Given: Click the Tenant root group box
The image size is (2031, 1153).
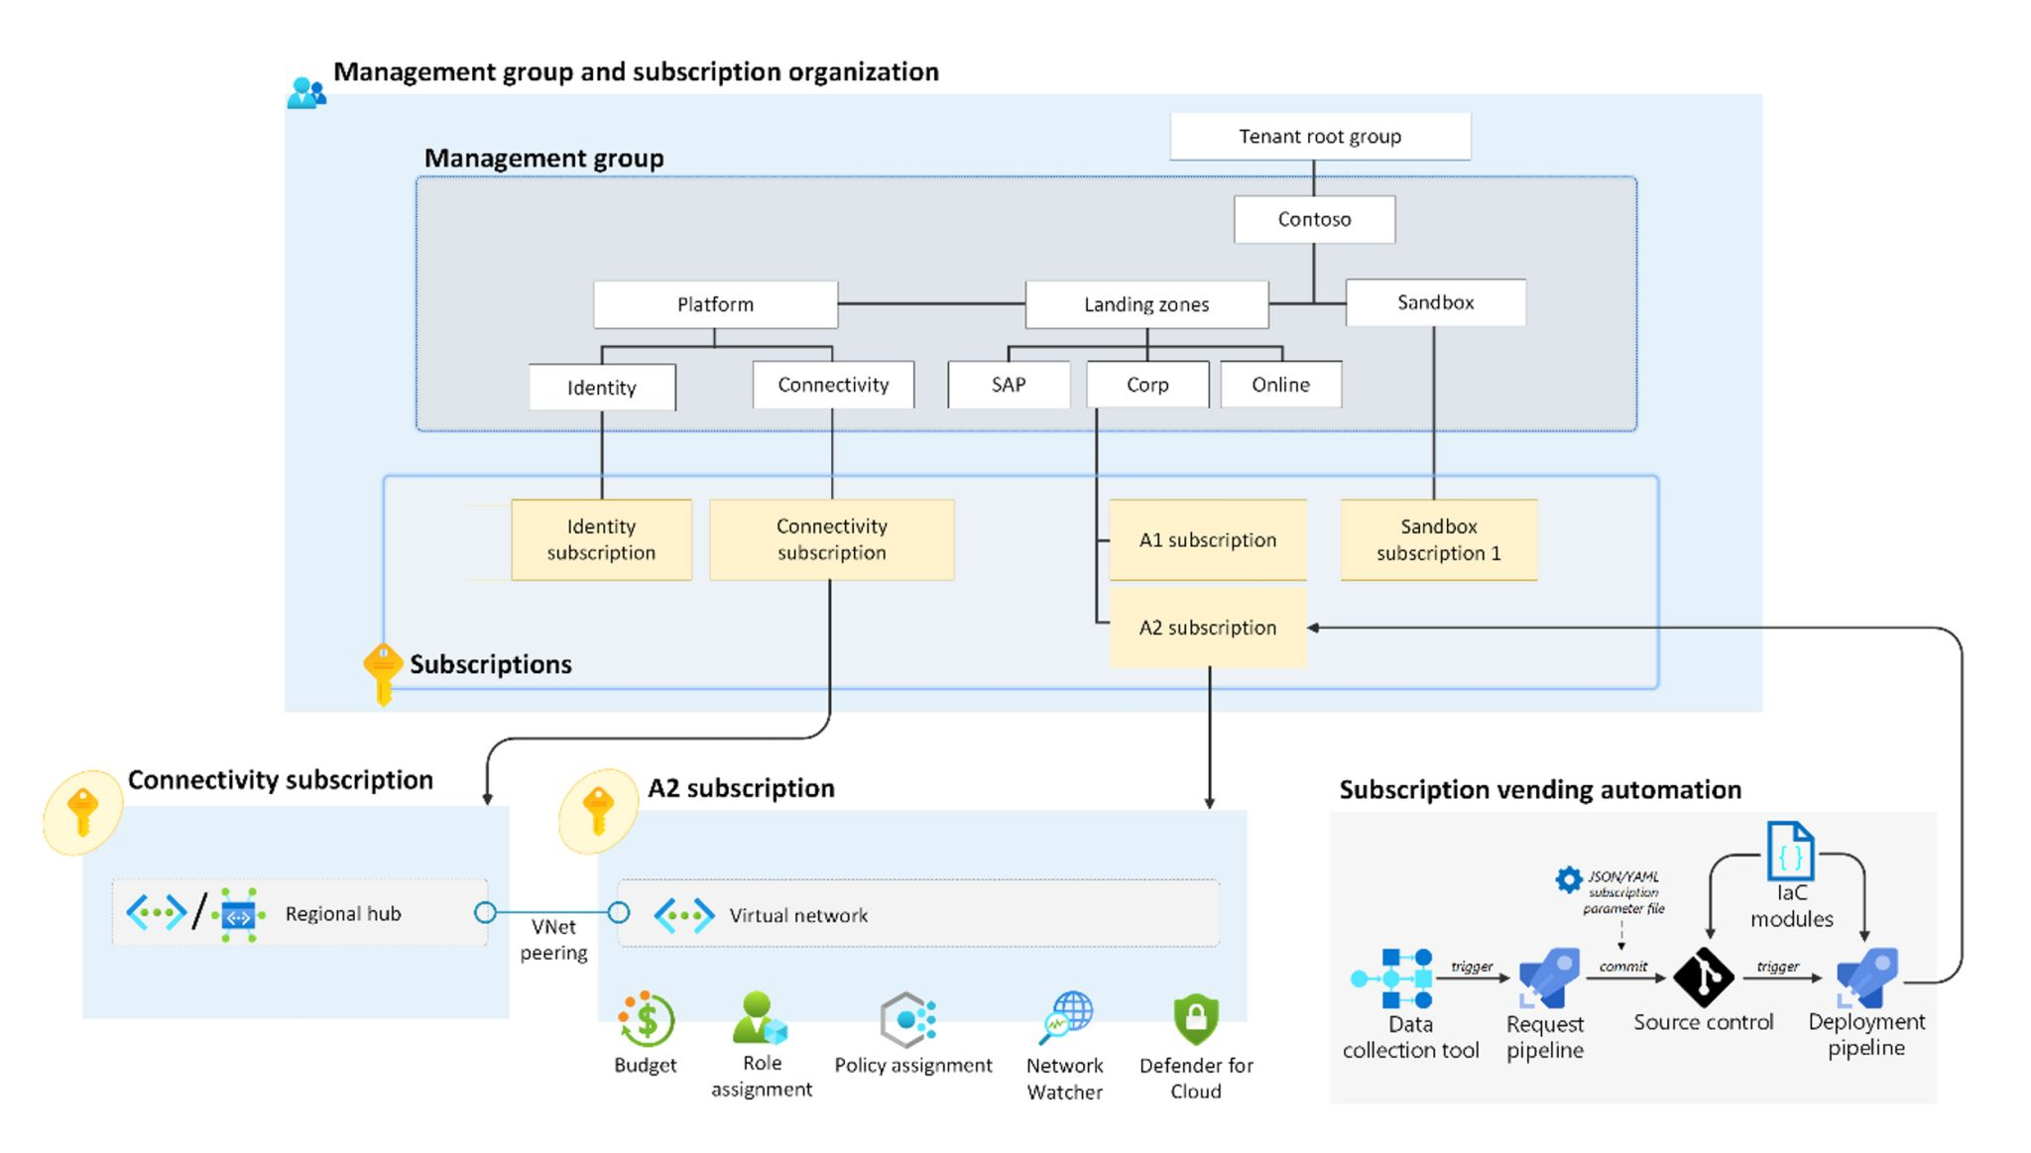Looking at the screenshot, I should coord(1319,136).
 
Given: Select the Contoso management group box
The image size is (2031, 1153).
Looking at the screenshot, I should coord(1313,219).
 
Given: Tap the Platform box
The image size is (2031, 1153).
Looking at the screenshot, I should coord(715,304).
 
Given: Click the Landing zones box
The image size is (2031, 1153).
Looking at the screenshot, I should coord(1145,304).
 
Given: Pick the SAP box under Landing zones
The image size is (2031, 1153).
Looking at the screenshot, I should coord(1008,385).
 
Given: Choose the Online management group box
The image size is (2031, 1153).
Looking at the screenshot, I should coord(1280,385).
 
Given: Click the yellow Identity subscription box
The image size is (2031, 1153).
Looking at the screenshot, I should coord(601,539).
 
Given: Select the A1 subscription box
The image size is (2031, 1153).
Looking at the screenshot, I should coord(1207,540).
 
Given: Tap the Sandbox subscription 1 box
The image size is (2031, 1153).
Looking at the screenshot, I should coord(1438,539).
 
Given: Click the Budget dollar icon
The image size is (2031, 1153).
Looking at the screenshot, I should coord(647,1019).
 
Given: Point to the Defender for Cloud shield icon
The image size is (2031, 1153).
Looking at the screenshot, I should coord(1195,1018).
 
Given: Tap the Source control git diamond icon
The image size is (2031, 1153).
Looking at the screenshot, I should coord(1703,978).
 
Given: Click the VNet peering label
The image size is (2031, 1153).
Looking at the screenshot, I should coord(553,939).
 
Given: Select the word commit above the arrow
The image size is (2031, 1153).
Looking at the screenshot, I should coord(1622,966).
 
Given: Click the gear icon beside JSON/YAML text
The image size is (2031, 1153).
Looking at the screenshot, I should coord(1568,878).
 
